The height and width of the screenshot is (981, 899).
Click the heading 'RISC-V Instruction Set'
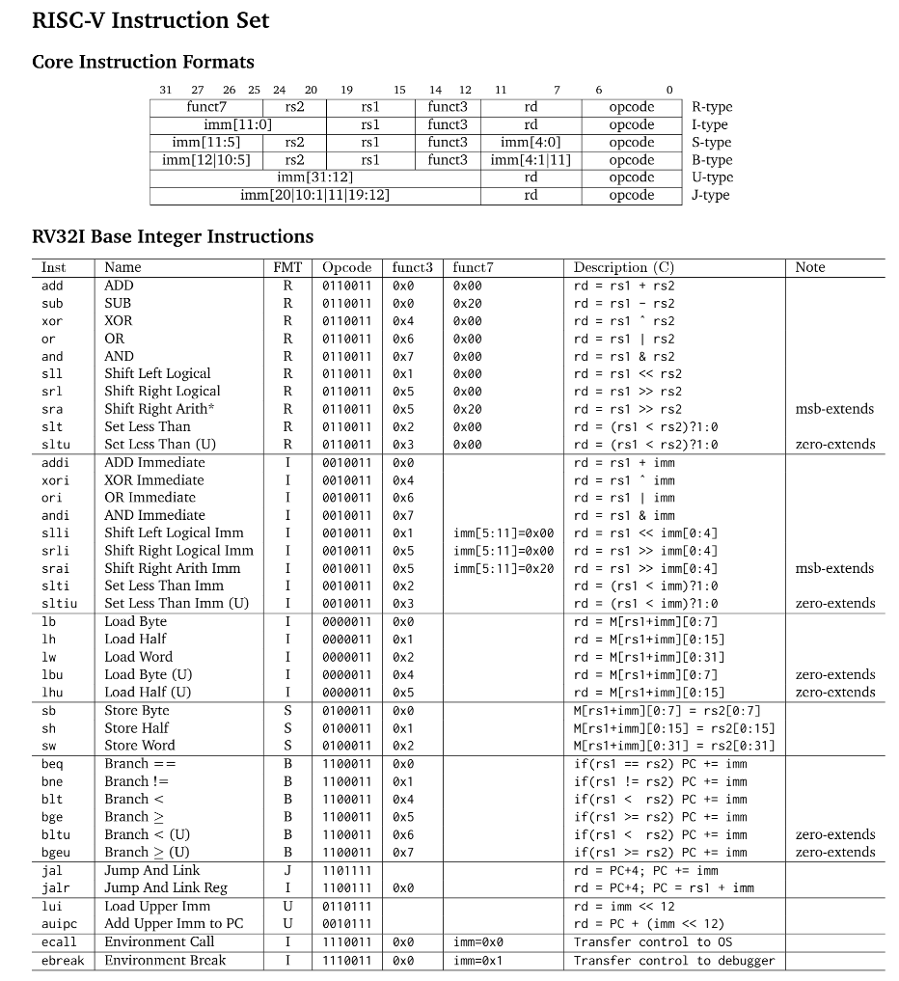(x=150, y=20)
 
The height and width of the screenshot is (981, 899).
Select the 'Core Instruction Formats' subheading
(x=143, y=62)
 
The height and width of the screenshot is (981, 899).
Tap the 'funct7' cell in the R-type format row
(x=205, y=107)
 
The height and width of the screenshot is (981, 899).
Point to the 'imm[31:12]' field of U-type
(x=314, y=177)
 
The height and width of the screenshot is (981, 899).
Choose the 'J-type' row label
(x=711, y=195)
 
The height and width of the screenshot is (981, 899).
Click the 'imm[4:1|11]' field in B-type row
(x=531, y=160)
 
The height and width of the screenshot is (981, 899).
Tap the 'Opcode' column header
(x=346, y=267)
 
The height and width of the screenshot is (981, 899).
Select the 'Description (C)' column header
(x=623, y=267)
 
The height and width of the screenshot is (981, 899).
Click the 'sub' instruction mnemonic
(x=52, y=303)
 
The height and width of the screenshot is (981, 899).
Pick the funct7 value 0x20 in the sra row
(x=468, y=409)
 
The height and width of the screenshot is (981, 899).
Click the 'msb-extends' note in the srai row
(x=834, y=568)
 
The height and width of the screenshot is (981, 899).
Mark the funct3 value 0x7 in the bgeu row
(x=403, y=853)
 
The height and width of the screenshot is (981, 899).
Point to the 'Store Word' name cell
(x=140, y=746)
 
